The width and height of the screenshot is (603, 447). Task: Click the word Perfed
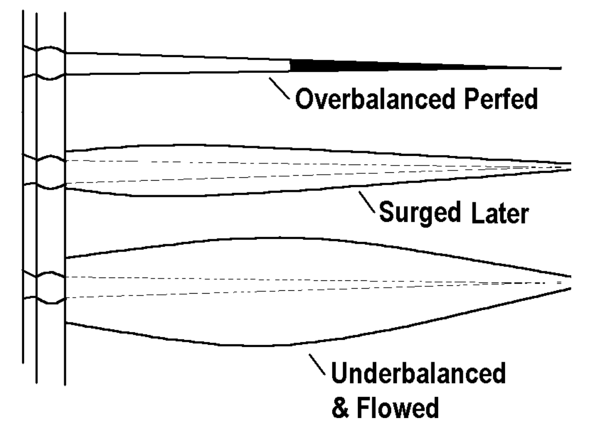point(501,99)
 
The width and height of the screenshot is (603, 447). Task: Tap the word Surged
point(419,213)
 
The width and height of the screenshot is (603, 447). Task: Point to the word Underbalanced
point(418,373)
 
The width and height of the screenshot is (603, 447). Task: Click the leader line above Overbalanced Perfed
point(280,87)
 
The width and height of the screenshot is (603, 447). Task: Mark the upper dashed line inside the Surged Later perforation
point(289,163)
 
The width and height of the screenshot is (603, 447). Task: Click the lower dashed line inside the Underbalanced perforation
point(289,290)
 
